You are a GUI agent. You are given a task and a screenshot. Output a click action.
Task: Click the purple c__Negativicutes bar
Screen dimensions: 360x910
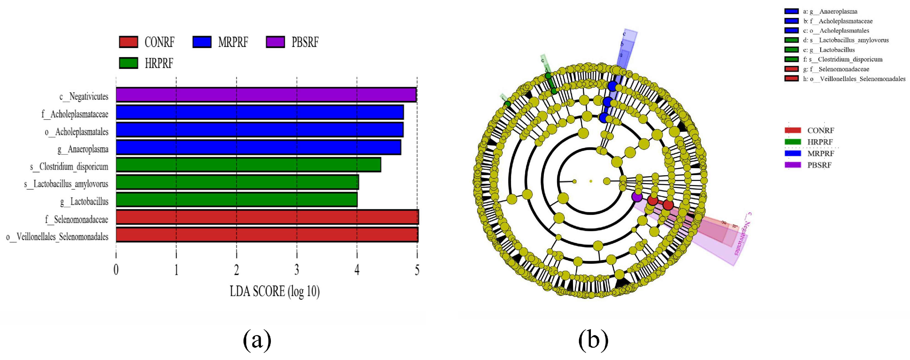266,95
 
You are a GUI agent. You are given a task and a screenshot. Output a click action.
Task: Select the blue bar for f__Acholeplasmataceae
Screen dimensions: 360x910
260,112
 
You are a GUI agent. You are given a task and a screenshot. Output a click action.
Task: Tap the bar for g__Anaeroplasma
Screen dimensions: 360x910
258,147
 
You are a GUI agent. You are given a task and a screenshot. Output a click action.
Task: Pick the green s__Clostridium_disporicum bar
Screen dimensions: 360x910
248,165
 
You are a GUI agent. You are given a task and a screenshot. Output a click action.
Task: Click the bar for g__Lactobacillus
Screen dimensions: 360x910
237,200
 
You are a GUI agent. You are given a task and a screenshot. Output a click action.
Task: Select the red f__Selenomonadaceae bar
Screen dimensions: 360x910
267,217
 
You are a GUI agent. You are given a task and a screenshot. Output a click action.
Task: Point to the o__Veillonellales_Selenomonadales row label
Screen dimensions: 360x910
57,237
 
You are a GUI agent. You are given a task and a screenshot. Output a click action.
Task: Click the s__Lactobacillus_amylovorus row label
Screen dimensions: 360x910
66,184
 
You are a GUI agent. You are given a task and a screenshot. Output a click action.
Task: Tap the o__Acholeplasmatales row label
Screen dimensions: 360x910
76,132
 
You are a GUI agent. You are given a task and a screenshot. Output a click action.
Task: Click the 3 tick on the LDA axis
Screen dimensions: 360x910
297,270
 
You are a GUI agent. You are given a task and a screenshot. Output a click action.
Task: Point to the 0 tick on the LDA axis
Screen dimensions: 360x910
116,270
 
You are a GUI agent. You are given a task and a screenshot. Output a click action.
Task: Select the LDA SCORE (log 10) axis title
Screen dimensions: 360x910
275,292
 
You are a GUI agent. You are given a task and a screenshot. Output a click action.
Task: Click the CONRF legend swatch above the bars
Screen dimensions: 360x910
128,42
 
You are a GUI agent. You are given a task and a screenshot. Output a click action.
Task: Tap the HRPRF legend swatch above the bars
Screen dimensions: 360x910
128,63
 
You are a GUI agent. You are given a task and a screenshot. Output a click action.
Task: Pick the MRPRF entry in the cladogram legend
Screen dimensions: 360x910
820,153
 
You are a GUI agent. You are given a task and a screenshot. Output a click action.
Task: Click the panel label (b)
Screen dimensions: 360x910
593,340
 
